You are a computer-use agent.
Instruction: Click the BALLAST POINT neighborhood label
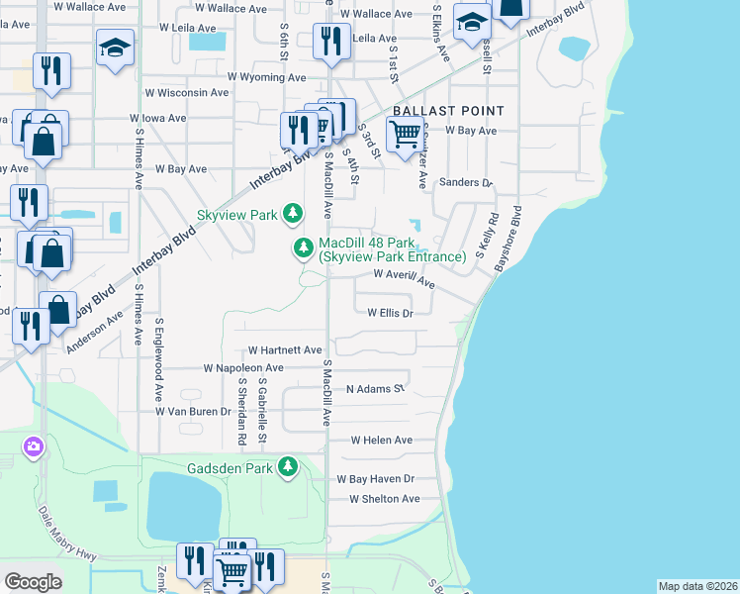tap(448, 111)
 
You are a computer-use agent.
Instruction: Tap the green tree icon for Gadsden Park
tap(288, 466)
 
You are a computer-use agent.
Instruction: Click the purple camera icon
tap(34, 447)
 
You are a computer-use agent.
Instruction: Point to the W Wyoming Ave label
tap(267, 77)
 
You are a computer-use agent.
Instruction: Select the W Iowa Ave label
tap(158, 118)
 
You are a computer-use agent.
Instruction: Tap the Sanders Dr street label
tap(465, 183)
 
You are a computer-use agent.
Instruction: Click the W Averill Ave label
tap(404, 279)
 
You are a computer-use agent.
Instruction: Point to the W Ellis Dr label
tap(389, 313)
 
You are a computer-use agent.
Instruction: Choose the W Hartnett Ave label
tap(285, 350)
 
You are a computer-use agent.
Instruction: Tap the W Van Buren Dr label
tap(192, 411)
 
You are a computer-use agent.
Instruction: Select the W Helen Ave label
tap(374, 440)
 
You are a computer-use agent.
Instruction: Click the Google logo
tap(33, 582)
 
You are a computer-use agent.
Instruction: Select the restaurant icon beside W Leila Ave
tap(329, 41)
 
